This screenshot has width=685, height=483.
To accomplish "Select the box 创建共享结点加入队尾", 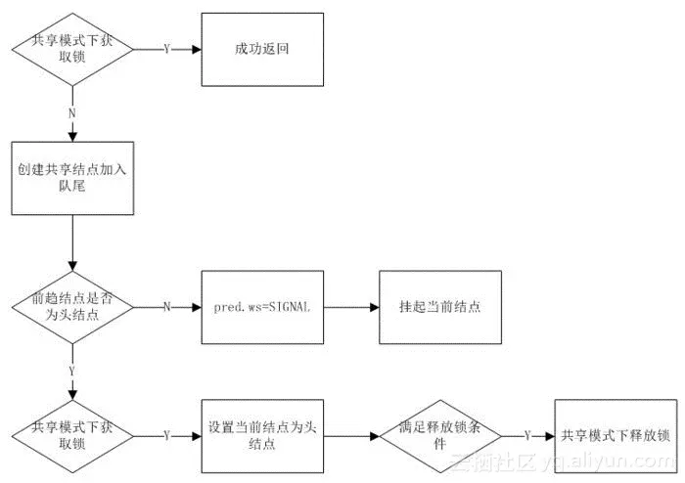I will tap(72, 177).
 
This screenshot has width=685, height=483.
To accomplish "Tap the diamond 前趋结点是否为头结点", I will tap(72, 306).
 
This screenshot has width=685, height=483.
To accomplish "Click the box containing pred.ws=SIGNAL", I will tap(261, 306).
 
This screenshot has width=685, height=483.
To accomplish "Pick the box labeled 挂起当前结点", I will tap(440, 306).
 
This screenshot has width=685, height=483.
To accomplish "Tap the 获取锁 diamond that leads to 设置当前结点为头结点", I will tap(72, 434).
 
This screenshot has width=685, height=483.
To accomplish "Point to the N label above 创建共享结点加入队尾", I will tap(72, 112).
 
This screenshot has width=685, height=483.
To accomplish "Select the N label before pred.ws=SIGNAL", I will tap(166, 306).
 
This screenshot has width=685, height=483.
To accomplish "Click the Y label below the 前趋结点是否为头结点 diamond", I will tap(72, 371).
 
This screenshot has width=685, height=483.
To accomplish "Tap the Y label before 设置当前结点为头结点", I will tap(166, 434).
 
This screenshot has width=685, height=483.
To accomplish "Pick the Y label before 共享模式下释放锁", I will tap(527, 434).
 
